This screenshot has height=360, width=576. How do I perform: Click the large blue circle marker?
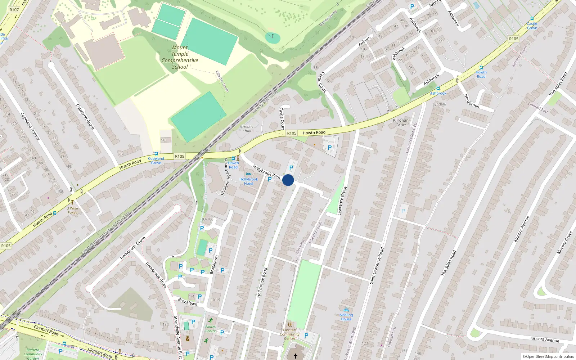(288, 180)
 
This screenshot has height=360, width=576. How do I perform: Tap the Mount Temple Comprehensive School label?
(180, 57)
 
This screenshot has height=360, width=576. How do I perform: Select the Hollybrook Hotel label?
(248, 181)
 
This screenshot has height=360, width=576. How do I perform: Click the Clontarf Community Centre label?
(289, 334)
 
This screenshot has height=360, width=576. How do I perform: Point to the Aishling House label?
(346, 317)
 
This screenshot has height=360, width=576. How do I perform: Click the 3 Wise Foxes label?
(72, 210)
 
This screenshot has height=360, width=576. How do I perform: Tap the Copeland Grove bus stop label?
(156, 161)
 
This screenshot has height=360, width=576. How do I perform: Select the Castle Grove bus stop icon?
(532, 19)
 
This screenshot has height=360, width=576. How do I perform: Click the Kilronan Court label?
(401, 123)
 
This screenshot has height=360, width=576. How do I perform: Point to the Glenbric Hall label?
(247, 129)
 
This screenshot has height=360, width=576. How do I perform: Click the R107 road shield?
(14, 10)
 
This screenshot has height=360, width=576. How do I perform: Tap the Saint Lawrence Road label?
(377, 265)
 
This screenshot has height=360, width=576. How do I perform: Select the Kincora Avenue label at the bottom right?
(545, 339)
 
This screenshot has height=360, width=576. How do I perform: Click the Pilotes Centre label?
(210, 329)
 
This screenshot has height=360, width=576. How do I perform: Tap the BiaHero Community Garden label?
(33, 354)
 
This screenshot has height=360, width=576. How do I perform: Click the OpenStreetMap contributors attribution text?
(548, 356)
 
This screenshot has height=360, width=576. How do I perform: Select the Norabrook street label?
(472, 101)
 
